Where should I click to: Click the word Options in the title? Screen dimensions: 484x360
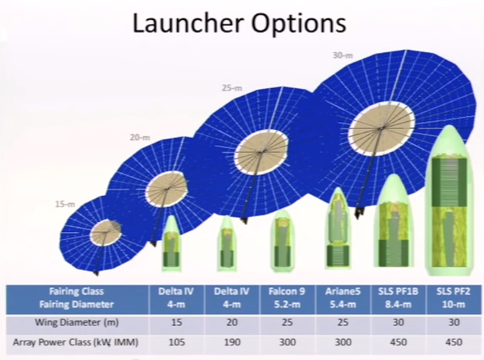click(298, 24)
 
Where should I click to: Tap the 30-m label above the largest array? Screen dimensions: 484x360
click(343, 55)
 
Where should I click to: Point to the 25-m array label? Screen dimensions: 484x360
click(232, 88)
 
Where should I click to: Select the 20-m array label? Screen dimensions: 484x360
click(140, 137)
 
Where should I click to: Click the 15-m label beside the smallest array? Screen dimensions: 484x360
click(65, 204)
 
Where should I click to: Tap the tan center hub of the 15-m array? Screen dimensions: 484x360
click(106, 233)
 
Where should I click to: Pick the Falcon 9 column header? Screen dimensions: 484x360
click(287, 298)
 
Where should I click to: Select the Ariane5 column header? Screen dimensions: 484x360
click(343, 298)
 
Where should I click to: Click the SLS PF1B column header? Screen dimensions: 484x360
click(398, 298)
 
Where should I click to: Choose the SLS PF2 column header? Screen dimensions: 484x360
click(453, 298)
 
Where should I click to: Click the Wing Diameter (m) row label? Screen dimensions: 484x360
click(77, 322)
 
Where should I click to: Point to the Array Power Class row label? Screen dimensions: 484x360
click(76, 342)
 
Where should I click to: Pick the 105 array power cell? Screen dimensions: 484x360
click(176, 342)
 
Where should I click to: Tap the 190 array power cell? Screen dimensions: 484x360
click(232, 342)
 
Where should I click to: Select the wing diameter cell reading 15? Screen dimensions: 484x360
click(176, 322)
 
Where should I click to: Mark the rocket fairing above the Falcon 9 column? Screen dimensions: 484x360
click(282, 241)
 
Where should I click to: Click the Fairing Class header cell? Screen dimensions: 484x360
click(77, 298)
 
